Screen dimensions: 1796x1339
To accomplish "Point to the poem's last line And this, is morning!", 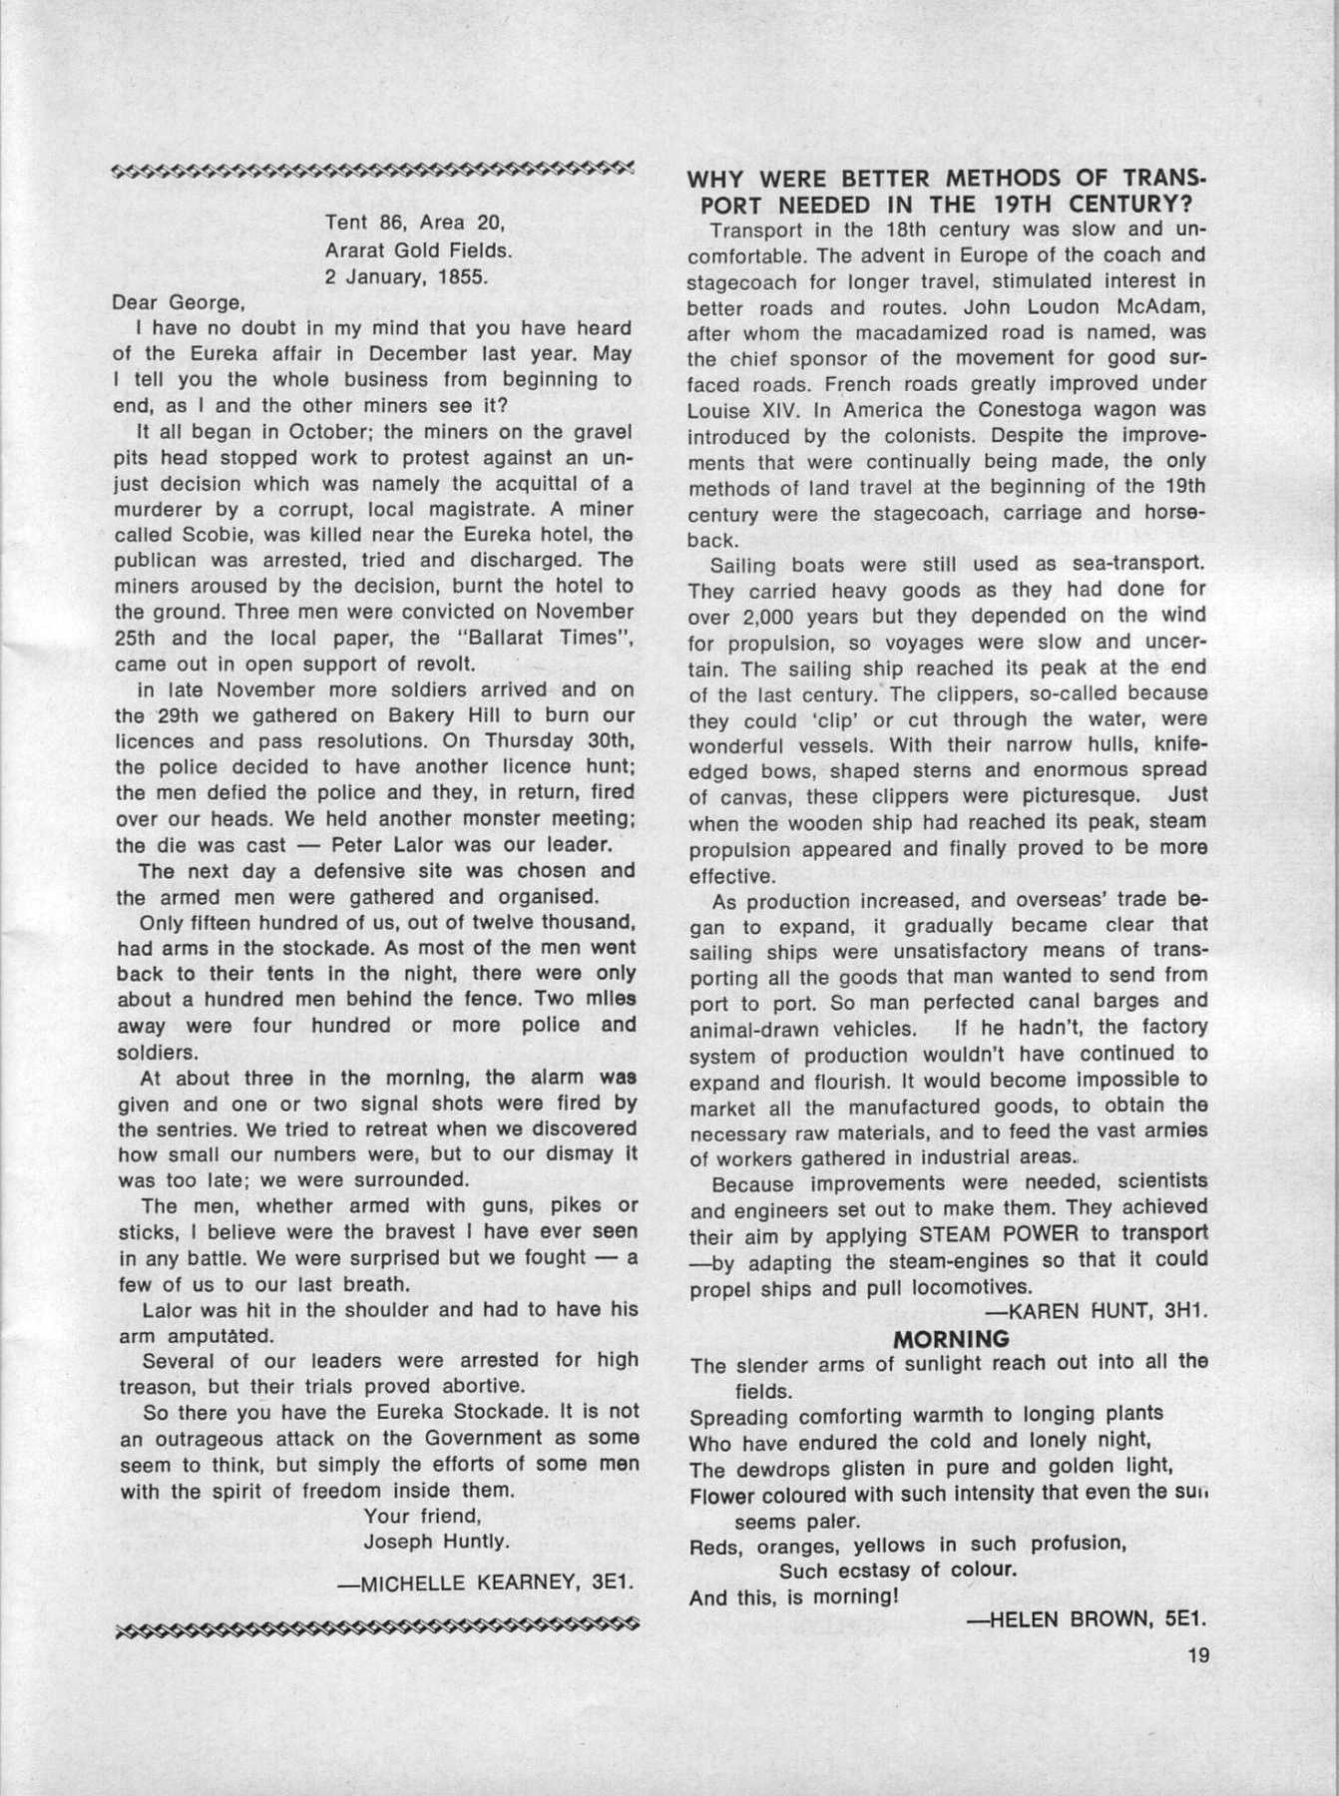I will (x=795, y=1596).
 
